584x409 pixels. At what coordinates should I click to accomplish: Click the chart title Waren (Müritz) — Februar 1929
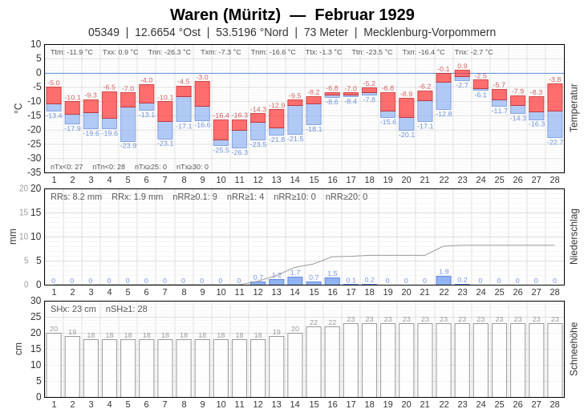[x=292, y=14]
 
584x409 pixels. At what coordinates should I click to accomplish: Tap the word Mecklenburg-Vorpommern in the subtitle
[x=429, y=32]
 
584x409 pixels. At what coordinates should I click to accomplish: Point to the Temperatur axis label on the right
[x=574, y=107]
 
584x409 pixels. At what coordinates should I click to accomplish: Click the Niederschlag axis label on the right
[x=574, y=237]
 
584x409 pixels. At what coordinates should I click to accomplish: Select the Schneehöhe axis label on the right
[x=574, y=349]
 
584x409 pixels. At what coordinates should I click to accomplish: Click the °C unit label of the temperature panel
[x=18, y=107]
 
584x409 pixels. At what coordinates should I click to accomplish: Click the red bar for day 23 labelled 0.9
[x=462, y=74]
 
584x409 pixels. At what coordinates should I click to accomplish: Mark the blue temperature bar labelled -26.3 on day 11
[x=239, y=139]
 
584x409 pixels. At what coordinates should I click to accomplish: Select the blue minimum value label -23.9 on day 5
[x=128, y=146]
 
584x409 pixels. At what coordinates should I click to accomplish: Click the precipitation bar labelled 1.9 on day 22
[x=444, y=280]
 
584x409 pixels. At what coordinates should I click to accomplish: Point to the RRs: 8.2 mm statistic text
[x=76, y=196]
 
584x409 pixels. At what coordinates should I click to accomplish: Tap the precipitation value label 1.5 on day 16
[x=332, y=273]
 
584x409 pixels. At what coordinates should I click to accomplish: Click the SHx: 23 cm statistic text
[x=73, y=309]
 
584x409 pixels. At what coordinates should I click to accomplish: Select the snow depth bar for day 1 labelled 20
[x=54, y=365]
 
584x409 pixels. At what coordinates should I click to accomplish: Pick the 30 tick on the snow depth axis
[x=36, y=301]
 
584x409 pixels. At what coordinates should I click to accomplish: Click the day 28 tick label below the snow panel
[x=554, y=403]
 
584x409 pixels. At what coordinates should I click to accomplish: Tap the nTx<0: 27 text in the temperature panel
[x=67, y=167]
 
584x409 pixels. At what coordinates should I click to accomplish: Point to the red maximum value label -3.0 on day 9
[x=202, y=77]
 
